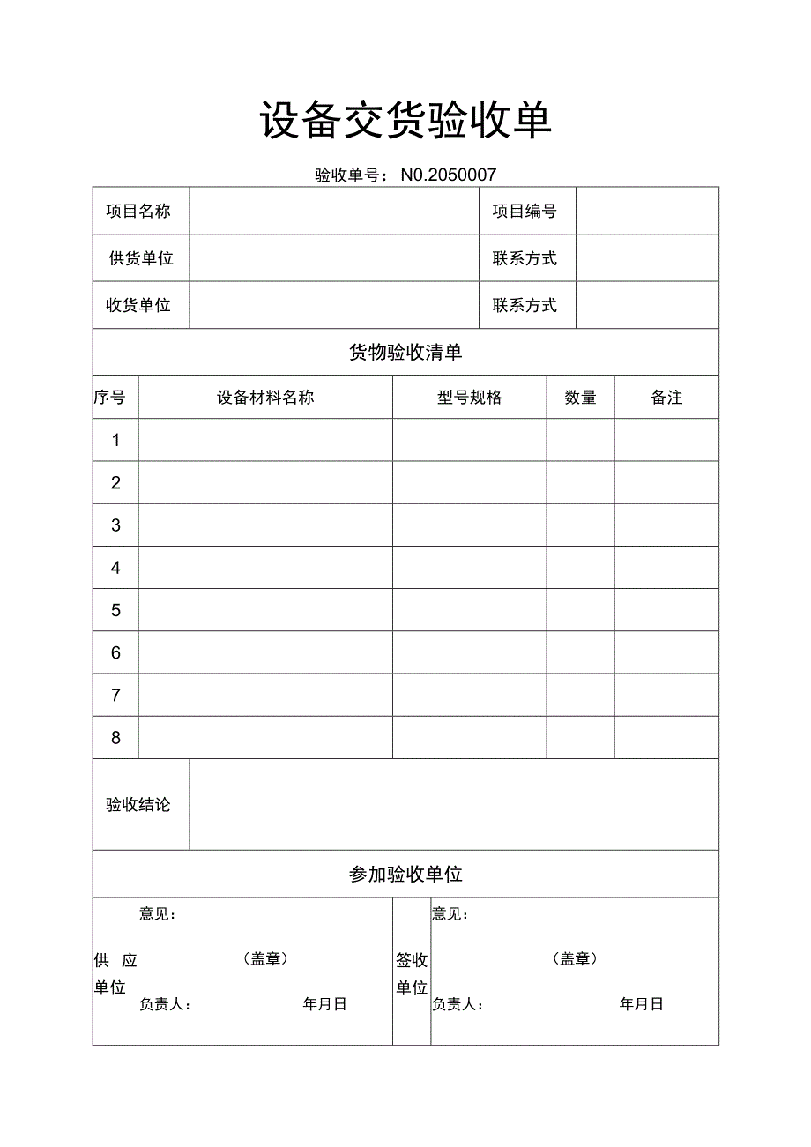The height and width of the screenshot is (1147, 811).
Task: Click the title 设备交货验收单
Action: pyautogui.click(x=405, y=121)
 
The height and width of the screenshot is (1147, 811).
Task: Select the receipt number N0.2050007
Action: pyautogui.click(x=449, y=175)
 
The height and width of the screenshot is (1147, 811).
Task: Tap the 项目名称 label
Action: pyautogui.click(x=138, y=211)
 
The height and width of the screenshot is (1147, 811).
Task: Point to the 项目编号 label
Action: pyautogui.click(x=525, y=211)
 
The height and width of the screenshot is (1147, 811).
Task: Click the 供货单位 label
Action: pyautogui.click(x=141, y=258)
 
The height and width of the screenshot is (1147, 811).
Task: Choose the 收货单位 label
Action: pyautogui.click(x=138, y=305)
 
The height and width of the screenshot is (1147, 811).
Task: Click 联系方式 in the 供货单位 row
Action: pyautogui.click(x=525, y=258)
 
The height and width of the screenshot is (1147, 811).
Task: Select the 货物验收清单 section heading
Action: pyautogui.click(x=405, y=353)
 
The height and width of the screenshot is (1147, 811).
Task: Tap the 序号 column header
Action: pyautogui.click(x=110, y=398)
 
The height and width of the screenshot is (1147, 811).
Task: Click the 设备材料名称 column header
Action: pyautogui.click(x=265, y=398)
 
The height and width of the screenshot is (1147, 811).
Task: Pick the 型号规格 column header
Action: pyautogui.click(x=469, y=398)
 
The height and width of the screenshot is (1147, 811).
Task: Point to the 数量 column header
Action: pyautogui.click(x=580, y=398)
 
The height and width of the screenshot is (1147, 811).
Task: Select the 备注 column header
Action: pyautogui.click(x=666, y=398)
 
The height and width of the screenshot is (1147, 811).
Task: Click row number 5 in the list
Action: pyautogui.click(x=115, y=610)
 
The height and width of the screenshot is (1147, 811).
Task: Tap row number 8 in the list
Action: pyautogui.click(x=115, y=738)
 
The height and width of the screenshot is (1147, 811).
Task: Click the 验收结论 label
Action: pyautogui.click(x=138, y=805)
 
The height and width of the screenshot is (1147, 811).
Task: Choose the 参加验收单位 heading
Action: pyautogui.click(x=405, y=875)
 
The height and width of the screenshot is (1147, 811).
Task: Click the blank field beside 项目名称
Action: pyautogui.click(x=334, y=211)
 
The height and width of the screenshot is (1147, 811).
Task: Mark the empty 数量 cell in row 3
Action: pyautogui.click(x=580, y=525)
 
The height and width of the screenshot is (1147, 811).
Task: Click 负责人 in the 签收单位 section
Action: pyautogui.click(x=457, y=1004)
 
